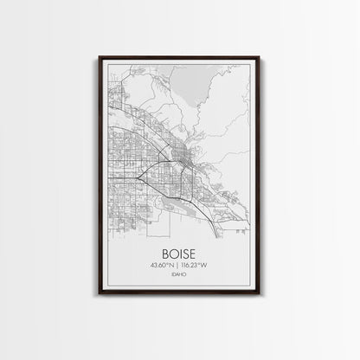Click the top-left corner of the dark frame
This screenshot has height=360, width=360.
[x=100, y=57]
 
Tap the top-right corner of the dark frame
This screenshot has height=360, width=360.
[x=260, y=57]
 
